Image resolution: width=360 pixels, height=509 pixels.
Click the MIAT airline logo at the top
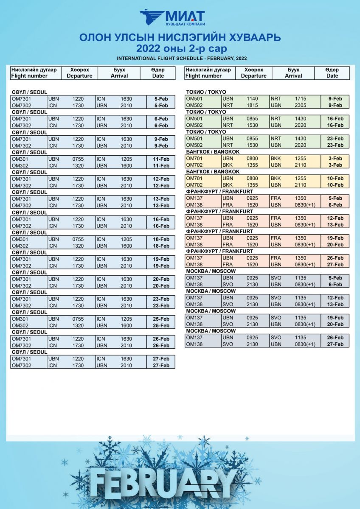172,19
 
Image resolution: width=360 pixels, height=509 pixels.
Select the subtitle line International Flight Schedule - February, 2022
182,58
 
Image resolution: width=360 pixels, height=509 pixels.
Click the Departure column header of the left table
79,73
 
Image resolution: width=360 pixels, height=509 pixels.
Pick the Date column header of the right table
332,73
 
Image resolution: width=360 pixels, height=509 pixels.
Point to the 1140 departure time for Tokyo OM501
253,99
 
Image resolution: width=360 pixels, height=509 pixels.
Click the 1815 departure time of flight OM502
253,105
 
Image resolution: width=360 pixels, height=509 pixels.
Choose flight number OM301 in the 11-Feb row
20,159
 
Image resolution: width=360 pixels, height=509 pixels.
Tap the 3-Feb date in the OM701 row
335,158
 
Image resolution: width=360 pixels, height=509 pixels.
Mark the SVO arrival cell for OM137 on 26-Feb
276,338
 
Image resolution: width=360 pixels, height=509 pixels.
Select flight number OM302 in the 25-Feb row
20,325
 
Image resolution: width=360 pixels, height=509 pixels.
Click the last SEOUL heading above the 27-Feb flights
29,352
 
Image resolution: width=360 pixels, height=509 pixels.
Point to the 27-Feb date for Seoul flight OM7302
161,365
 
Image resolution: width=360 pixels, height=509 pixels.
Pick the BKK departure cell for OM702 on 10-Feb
228,185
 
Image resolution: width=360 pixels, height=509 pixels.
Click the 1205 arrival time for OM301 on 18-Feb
126,239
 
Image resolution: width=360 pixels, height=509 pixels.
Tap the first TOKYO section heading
206,92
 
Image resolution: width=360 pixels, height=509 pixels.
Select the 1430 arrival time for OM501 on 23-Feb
300,139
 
